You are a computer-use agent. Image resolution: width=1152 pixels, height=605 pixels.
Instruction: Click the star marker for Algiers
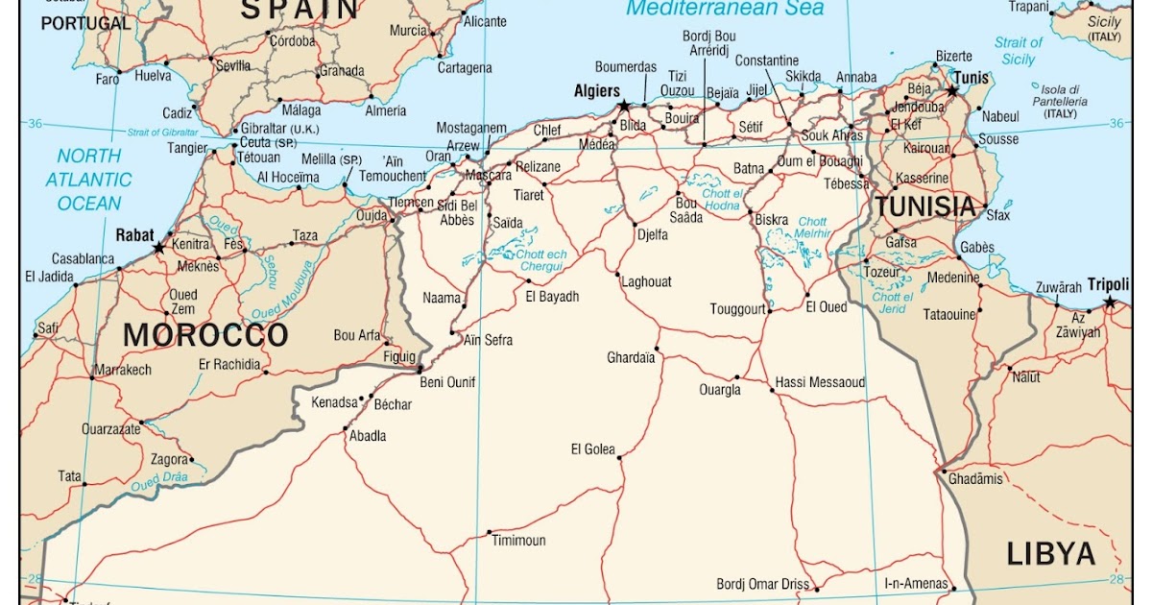coord(624,106)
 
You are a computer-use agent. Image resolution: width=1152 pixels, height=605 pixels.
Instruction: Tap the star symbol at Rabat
coord(158,248)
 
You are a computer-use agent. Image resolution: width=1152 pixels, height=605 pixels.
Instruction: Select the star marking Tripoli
coord(1110,302)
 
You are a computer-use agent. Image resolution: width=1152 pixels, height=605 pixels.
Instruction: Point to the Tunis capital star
coord(952,91)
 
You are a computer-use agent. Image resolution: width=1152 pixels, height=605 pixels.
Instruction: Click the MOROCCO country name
coord(206,335)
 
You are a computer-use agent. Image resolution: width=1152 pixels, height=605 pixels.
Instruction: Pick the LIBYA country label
coord(1050,554)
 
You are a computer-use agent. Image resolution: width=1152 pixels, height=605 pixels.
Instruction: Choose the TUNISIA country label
coord(924,206)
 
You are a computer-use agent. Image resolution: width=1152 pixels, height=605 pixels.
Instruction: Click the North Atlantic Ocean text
coord(89,180)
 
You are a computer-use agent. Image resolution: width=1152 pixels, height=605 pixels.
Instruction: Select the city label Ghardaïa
coord(631,358)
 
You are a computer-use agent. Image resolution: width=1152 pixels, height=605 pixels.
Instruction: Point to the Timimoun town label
coord(518,541)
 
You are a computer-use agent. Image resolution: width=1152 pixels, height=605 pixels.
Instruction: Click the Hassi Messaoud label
coord(820,382)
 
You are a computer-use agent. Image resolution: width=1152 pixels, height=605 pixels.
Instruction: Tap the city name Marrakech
coord(123,370)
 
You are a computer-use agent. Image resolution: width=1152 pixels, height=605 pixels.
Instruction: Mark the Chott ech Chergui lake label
coord(542,259)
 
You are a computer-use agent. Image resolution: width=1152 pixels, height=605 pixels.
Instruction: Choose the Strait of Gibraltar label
coord(162,133)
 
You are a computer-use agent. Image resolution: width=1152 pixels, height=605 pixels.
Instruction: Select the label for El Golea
coord(592,449)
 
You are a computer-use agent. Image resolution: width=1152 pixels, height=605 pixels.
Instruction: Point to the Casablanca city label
coord(83,259)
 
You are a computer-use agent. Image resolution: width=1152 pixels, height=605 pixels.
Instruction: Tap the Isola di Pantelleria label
coord(1060,101)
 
